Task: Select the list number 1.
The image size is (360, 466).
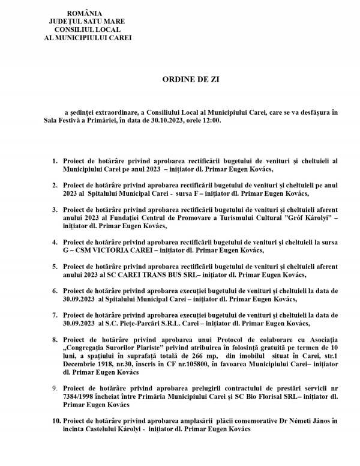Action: pos(55,161)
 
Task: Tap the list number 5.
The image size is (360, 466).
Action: pos(55,266)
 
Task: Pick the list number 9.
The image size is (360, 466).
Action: pos(55,390)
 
